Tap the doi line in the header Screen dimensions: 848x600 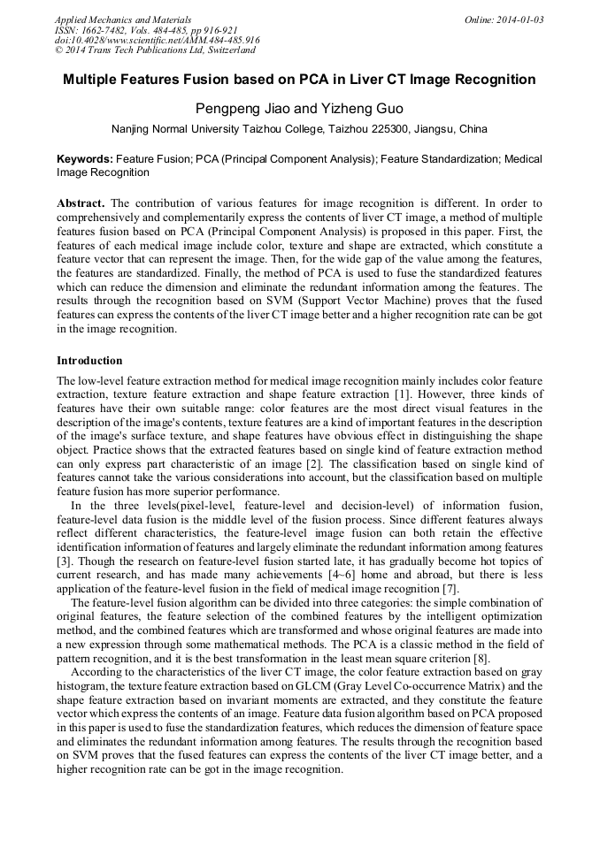157,40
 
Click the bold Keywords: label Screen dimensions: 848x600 85,159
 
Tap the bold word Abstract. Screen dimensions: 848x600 81,202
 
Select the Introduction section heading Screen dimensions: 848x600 89,361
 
